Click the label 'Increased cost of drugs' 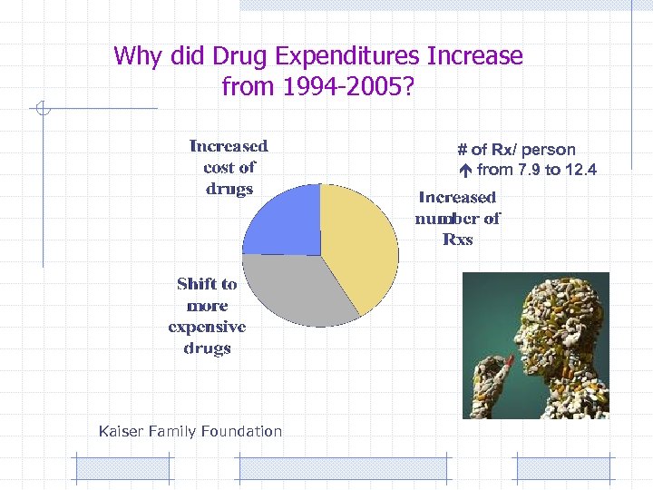tap(229, 167)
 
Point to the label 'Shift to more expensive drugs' tap(207, 316)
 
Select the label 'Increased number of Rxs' tap(457, 218)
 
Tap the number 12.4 tap(577, 170)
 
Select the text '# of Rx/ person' tap(516, 150)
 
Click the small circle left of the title tap(41, 110)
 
